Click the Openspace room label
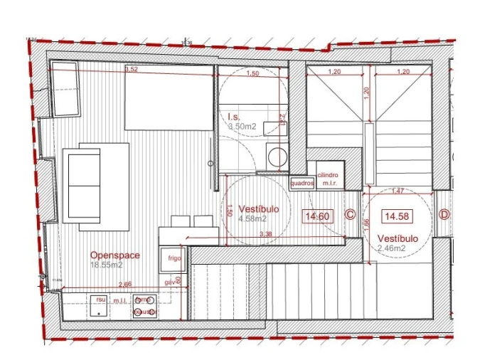point(114,255)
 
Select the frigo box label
point(174,260)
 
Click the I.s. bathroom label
point(234,116)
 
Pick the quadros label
point(302,182)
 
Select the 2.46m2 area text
point(392,248)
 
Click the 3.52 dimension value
point(132,70)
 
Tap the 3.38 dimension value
point(267,234)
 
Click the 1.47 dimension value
point(397,191)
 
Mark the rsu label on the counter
point(100,300)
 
